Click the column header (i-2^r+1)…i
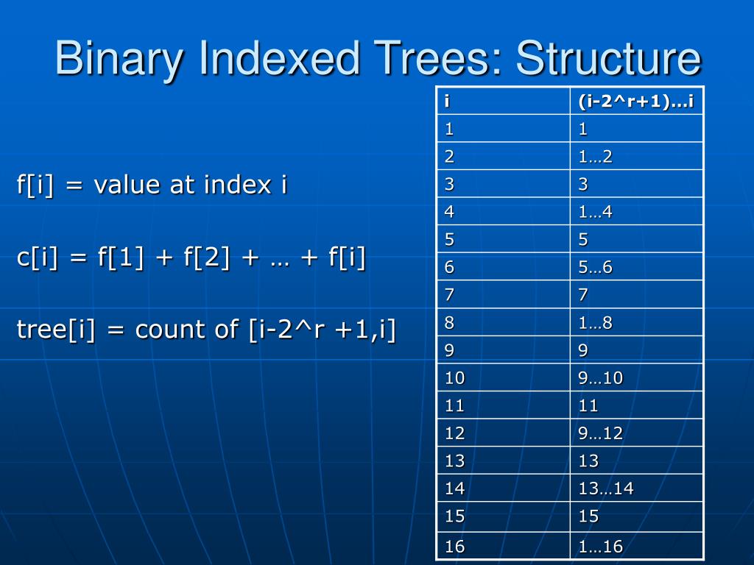636,101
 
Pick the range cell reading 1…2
595,156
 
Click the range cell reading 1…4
595,212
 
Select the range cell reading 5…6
595,267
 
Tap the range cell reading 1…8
595,322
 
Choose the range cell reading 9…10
600,377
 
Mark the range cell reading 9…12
600,433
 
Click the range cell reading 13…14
606,488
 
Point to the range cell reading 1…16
600,546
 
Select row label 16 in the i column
454,546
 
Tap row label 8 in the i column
449,322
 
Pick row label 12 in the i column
454,433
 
